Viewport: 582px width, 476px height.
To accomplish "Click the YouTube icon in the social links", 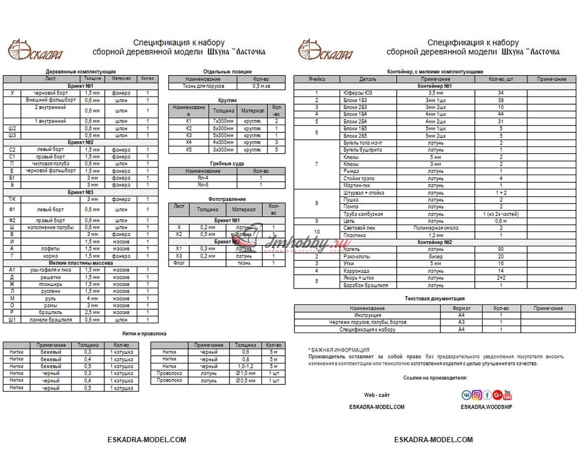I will point(507,395).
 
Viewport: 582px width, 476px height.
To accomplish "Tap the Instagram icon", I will point(477,395).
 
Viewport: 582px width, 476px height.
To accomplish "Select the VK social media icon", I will point(467,395).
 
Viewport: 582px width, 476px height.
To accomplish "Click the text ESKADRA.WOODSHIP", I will point(486,407).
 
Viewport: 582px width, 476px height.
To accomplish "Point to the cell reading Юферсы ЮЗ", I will point(355,93).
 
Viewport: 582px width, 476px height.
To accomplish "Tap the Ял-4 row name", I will point(203,178).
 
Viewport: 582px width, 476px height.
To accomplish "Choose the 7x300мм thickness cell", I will point(223,121).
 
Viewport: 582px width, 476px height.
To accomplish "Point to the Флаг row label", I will point(178,263).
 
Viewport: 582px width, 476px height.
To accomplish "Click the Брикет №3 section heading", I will point(81,192).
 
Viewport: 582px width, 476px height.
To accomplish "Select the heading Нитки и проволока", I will point(144,334).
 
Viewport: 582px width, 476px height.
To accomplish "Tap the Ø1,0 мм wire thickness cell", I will point(245,374).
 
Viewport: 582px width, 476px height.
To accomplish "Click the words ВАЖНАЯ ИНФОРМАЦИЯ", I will point(340,349).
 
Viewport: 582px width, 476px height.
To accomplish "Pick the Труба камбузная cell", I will point(363,214).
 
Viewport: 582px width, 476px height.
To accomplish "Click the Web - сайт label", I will point(376,395).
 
